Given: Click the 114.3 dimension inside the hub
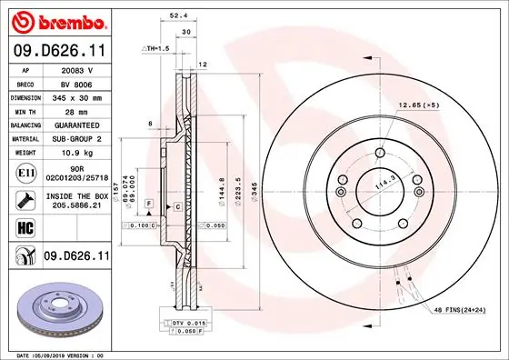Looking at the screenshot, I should pos(383,185).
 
